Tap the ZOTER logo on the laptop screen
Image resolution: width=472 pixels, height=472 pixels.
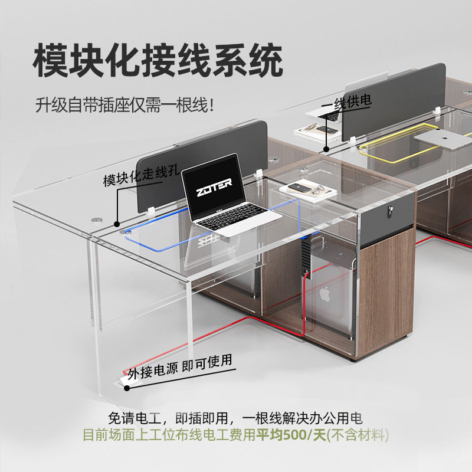(x=211, y=182)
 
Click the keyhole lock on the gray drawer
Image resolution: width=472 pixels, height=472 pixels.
(x=388, y=211)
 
